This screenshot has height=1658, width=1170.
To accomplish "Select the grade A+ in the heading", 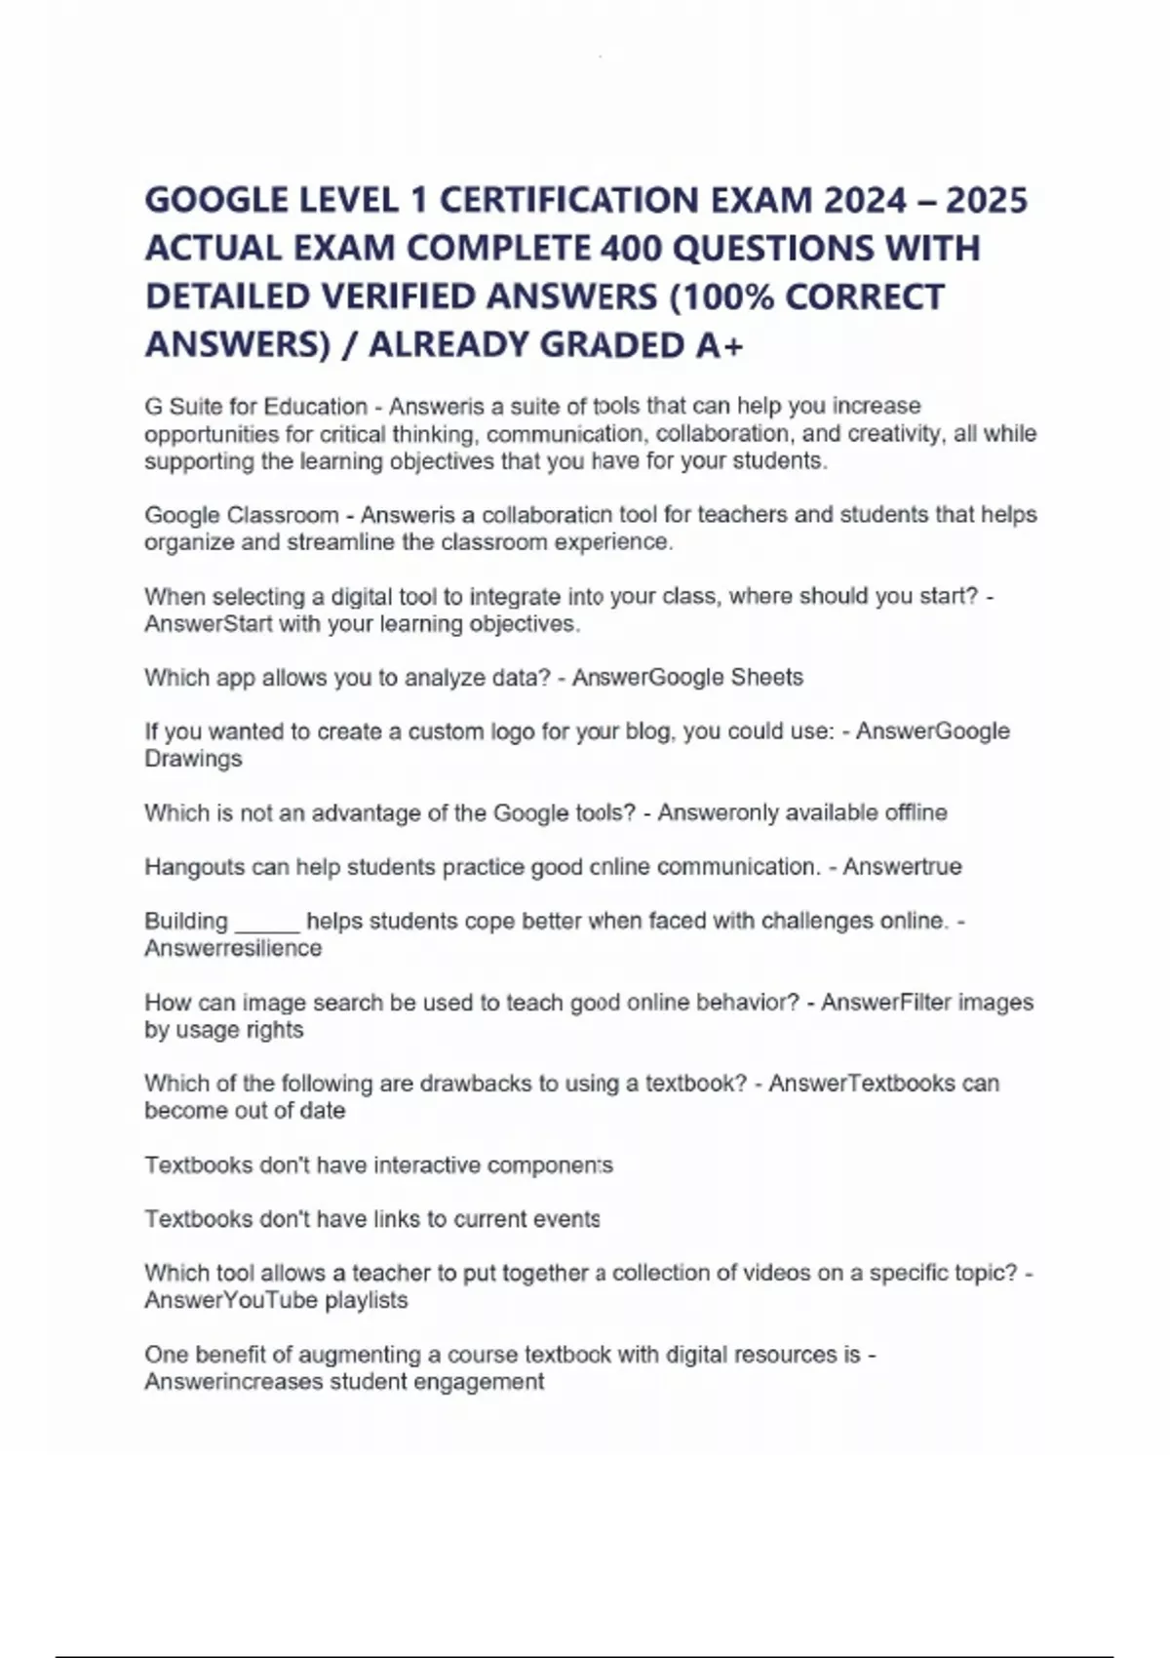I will point(720,345).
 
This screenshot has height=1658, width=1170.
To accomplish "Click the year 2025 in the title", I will point(986,201).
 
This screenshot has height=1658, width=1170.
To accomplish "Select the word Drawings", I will point(193,759).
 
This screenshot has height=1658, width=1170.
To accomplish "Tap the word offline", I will point(916,812).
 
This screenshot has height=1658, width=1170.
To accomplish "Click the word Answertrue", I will point(902,867).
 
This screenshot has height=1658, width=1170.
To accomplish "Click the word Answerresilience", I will point(233,949).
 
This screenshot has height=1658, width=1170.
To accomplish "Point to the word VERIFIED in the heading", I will point(401,296).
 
